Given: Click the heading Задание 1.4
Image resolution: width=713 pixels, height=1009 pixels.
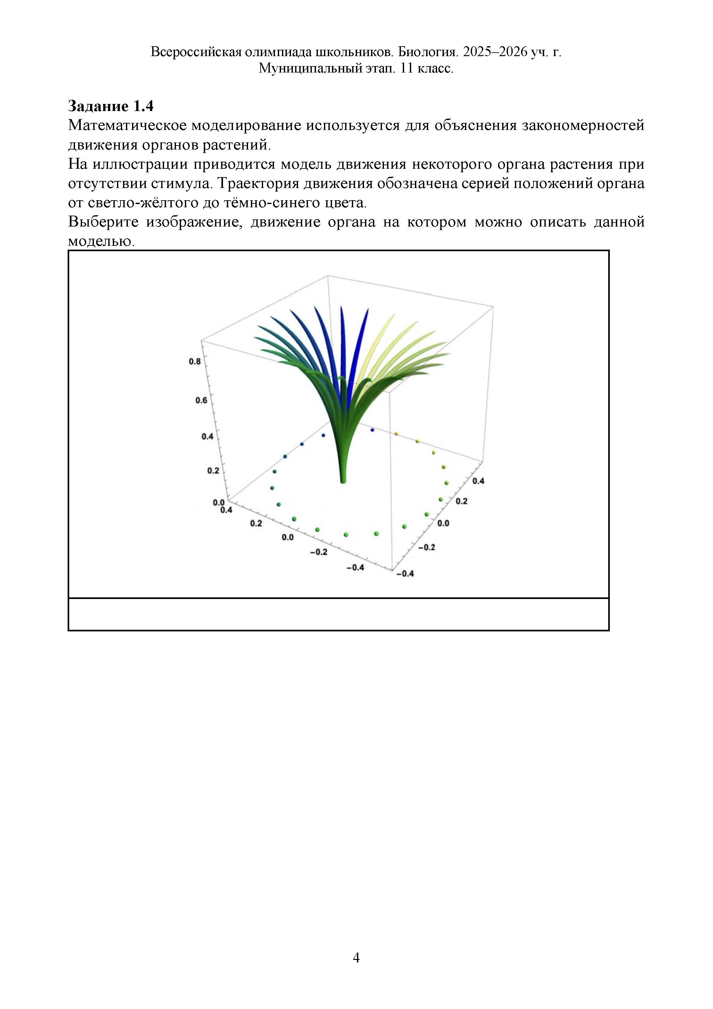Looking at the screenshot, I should tap(111, 106).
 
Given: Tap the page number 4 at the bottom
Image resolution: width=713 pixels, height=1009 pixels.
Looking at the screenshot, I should tap(356, 957).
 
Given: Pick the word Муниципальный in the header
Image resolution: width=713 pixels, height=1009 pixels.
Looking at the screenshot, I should tap(310, 69).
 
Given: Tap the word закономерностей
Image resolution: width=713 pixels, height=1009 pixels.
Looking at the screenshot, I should tap(583, 126).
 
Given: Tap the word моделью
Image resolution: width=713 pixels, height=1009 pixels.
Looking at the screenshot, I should tap(101, 241).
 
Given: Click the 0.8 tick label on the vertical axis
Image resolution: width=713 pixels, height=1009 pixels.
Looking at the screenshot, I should tap(195, 361).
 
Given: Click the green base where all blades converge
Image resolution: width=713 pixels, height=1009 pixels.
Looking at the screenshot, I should tap(343, 480).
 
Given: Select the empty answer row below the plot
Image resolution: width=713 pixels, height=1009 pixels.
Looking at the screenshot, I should tap(338, 614).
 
